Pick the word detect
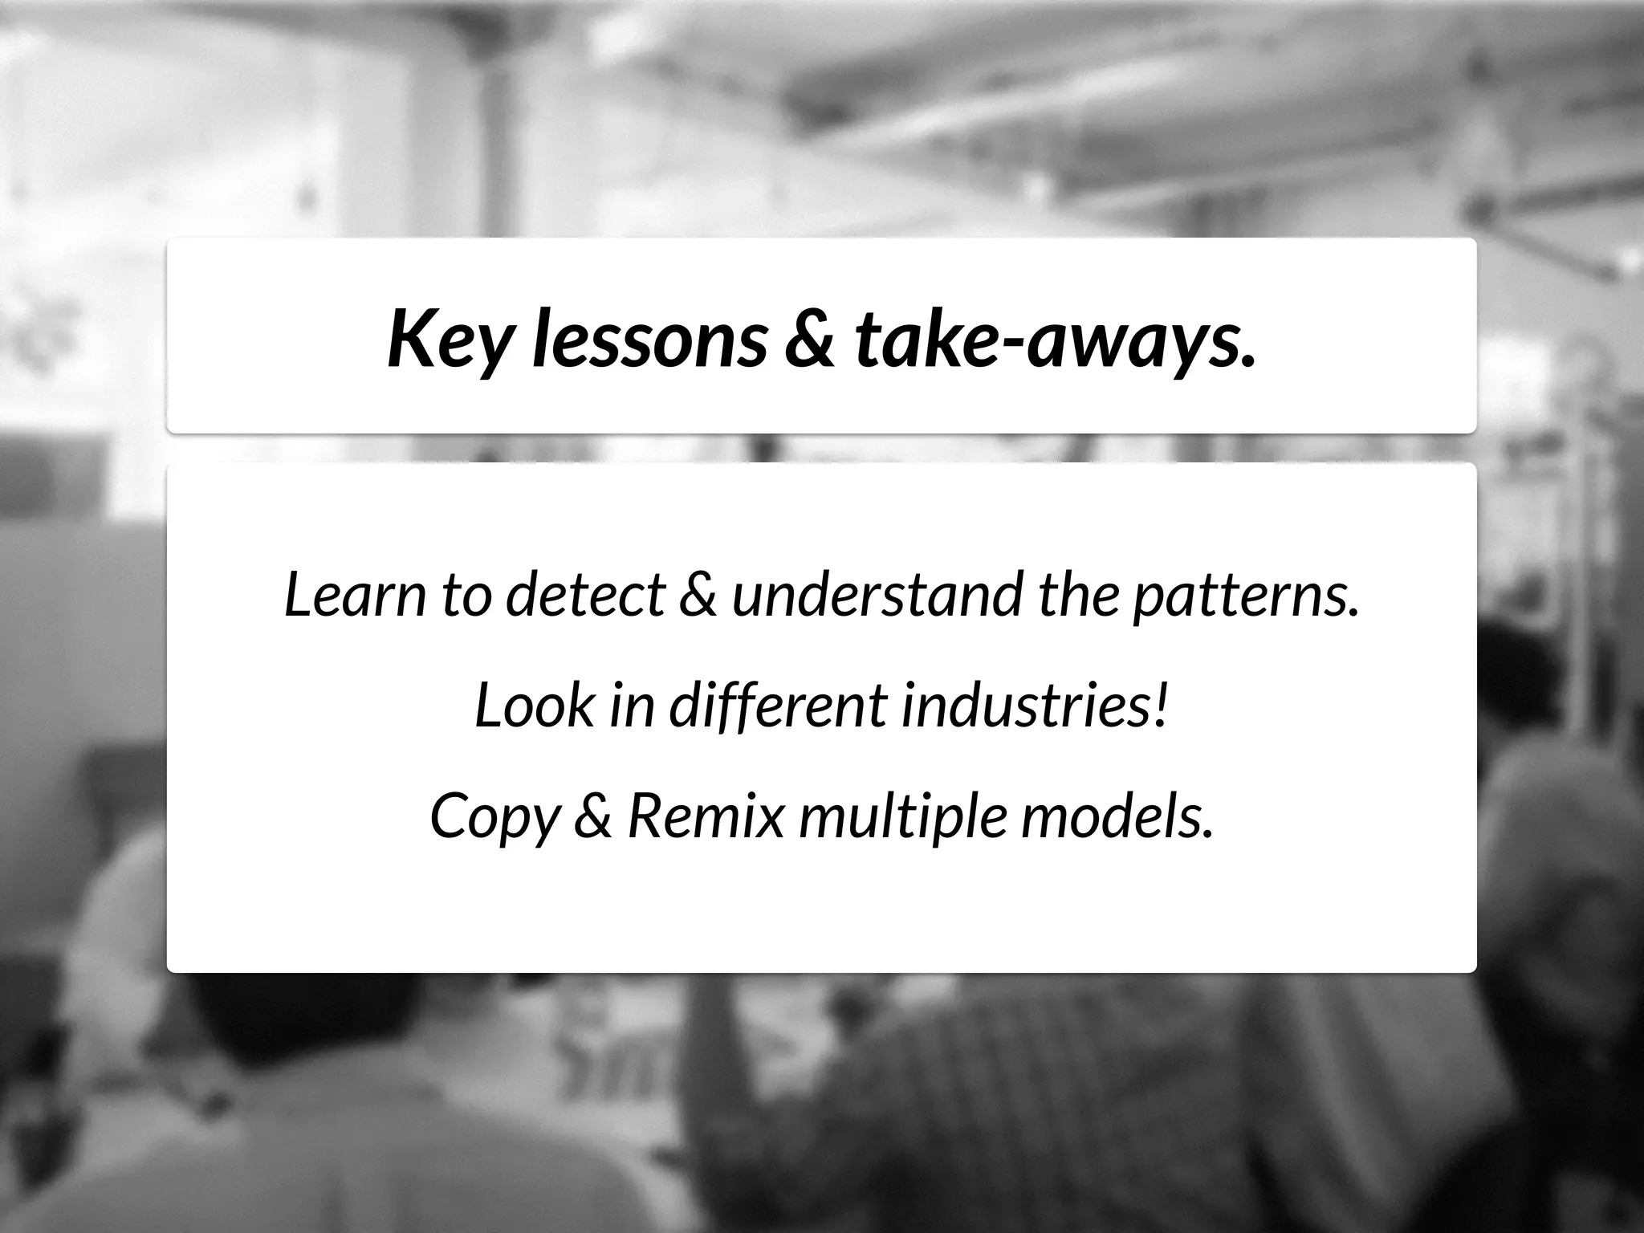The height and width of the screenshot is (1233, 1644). pyautogui.click(x=585, y=595)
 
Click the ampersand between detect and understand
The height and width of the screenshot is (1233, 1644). pyautogui.click(x=698, y=595)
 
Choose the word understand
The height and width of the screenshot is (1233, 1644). pyautogui.click(x=877, y=595)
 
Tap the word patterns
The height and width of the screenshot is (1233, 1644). pyautogui.click(x=1246, y=595)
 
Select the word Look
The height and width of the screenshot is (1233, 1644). pyautogui.click(x=534, y=706)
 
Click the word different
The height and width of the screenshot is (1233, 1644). pyautogui.click(x=778, y=706)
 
